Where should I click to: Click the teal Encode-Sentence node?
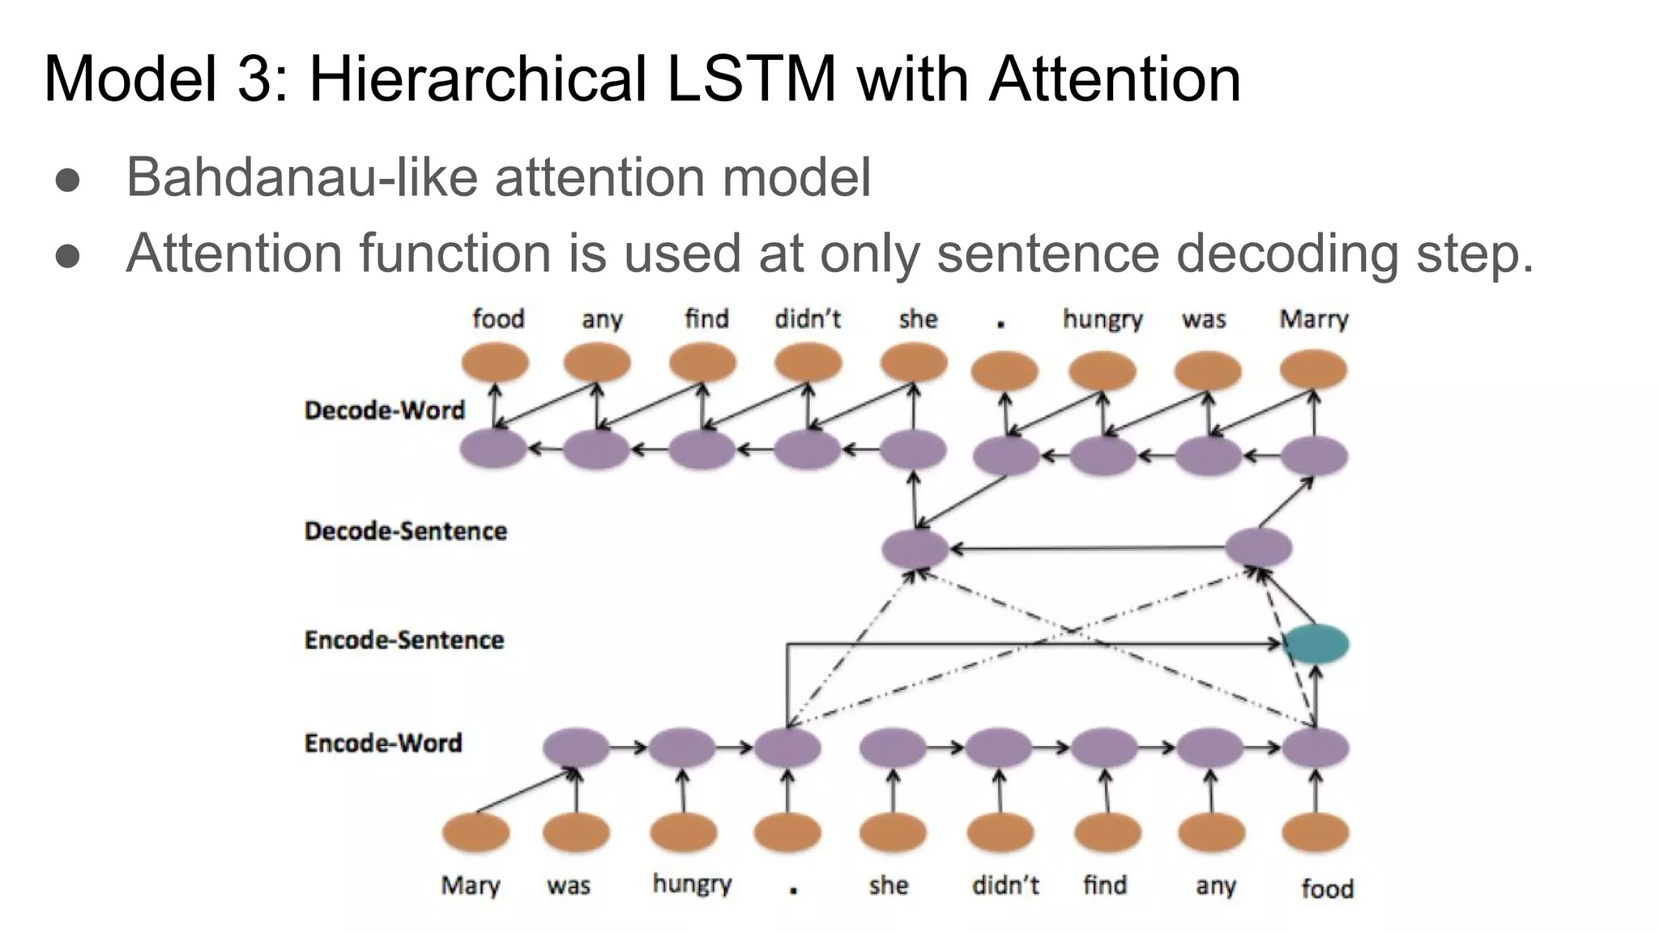(x=1316, y=645)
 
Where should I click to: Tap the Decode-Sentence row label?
(x=405, y=531)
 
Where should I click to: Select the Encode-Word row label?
(x=383, y=743)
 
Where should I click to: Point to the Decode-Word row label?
(x=385, y=410)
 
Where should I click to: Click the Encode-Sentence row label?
(x=404, y=640)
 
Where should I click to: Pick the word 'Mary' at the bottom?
(x=470, y=884)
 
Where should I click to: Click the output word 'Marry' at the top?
(x=1313, y=319)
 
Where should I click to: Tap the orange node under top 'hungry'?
(x=1102, y=371)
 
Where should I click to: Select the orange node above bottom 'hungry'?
(x=684, y=833)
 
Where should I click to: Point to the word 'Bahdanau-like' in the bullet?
(x=301, y=177)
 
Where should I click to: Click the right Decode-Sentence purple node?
(x=1258, y=548)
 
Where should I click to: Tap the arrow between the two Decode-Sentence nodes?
(x=1085, y=549)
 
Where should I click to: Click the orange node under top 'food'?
(x=495, y=362)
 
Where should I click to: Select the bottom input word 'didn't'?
(x=1004, y=884)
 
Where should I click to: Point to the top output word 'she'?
(x=917, y=319)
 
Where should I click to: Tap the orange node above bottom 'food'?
(x=1316, y=833)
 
